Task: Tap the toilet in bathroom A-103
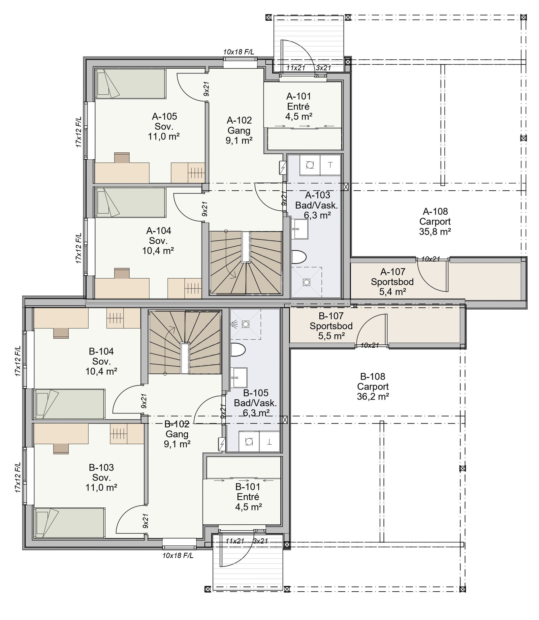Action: coord(298,256)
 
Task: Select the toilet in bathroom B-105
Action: coord(238,349)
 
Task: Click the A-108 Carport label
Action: coord(435,221)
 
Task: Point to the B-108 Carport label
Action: coord(373,386)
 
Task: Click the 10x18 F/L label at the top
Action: coord(239,52)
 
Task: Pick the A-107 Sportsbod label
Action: coord(392,282)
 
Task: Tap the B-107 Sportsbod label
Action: coord(331,326)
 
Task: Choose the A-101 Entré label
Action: coord(298,106)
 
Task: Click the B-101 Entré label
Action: coord(248,497)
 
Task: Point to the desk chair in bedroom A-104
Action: coord(122,273)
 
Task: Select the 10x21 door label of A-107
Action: coord(431,259)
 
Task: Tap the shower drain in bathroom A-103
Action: coord(306,282)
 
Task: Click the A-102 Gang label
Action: coord(239,130)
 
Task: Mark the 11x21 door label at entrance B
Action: coord(235,541)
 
